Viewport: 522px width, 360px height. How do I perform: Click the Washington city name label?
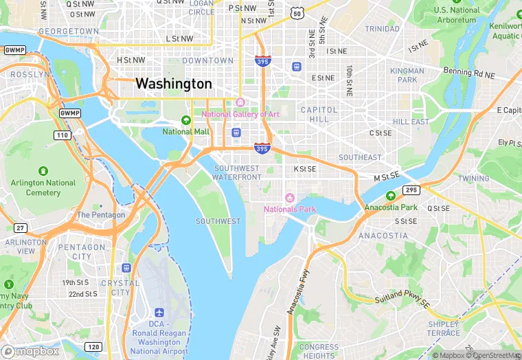pos(174,84)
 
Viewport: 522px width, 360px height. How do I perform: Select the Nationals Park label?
pos(289,208)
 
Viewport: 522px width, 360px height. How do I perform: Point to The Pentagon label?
pos(101,214)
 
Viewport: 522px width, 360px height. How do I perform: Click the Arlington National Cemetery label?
pos(43,188)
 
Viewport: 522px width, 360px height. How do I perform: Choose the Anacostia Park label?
pos(400,207)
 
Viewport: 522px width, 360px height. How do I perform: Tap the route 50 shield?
pos(297,13)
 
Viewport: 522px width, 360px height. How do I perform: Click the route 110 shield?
pos(63,135)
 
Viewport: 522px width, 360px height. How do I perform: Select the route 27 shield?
pos(20,228)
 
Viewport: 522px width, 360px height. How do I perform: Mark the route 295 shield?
pos(411,190)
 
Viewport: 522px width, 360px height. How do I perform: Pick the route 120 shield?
pos(93,346)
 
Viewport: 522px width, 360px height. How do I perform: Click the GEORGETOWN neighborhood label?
pos(69,32)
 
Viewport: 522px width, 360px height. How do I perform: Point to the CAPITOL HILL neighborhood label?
pos(319,114)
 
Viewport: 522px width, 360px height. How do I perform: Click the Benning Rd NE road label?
pos(469,72)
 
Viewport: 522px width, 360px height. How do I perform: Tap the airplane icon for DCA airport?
pos(159,313)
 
